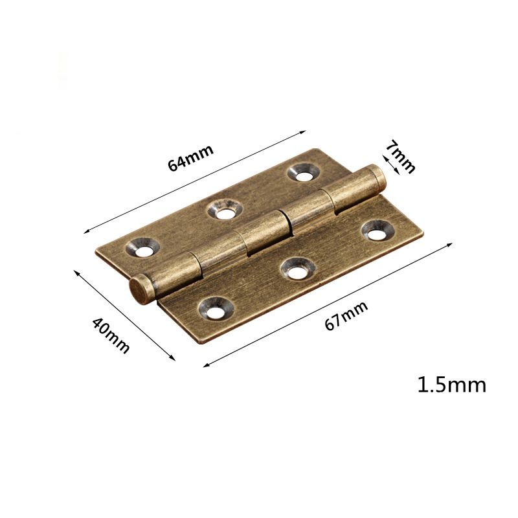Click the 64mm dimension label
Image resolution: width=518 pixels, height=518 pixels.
pyautogui.click(x=190, y=156)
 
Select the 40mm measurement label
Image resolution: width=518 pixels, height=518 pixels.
pyautogui.click(x=110, y=334)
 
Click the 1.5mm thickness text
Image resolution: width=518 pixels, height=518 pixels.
pyautogui.click(x=451, y=385)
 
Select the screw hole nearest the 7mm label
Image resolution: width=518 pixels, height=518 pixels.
pyautogui.click(x=304, y=172)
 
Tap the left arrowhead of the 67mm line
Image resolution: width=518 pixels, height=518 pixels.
pyautogui.click(x=205, y=366)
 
